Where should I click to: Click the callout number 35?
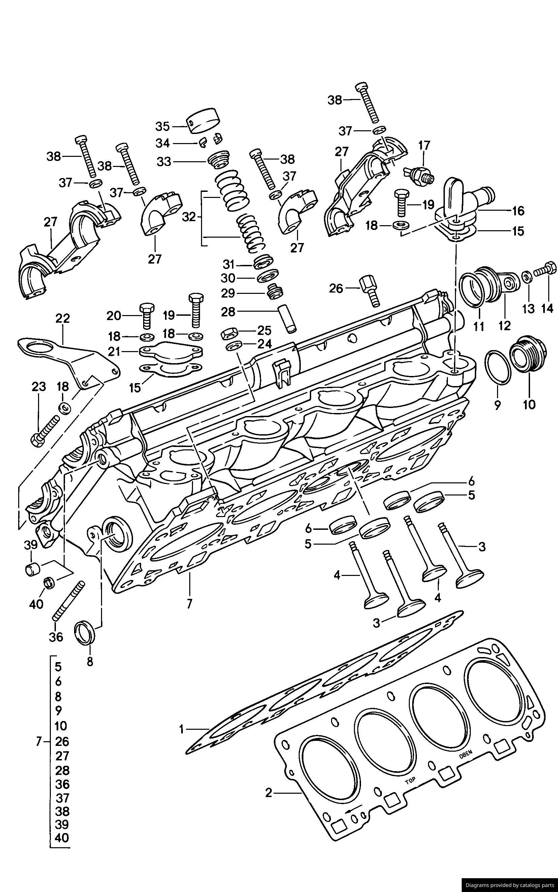[162, 126]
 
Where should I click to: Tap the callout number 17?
[424, 146]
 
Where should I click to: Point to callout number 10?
[529, 405]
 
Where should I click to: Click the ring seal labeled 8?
[86, 633]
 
